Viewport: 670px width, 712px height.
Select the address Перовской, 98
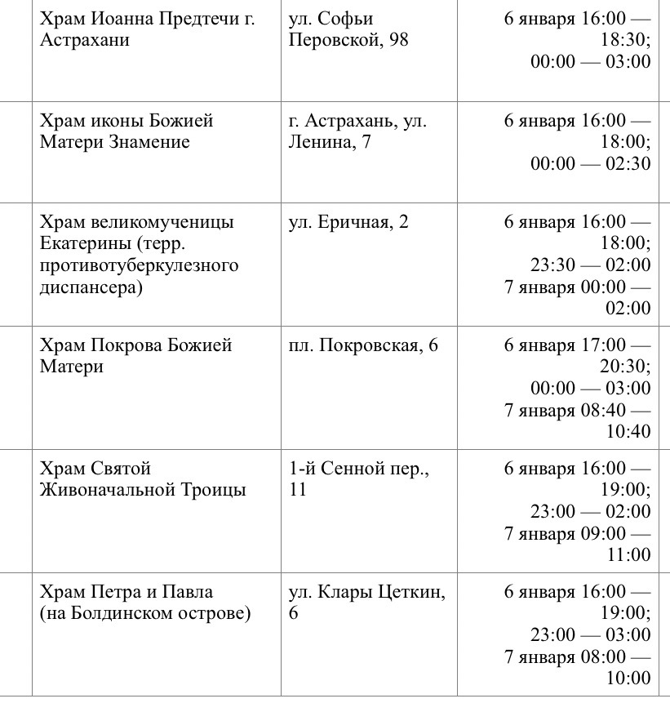point(348,39)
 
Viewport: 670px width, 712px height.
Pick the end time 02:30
point(627,163)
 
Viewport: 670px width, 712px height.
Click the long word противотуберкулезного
point(139,265)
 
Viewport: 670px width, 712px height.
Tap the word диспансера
point(90,287)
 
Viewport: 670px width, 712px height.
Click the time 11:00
point(628,555)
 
